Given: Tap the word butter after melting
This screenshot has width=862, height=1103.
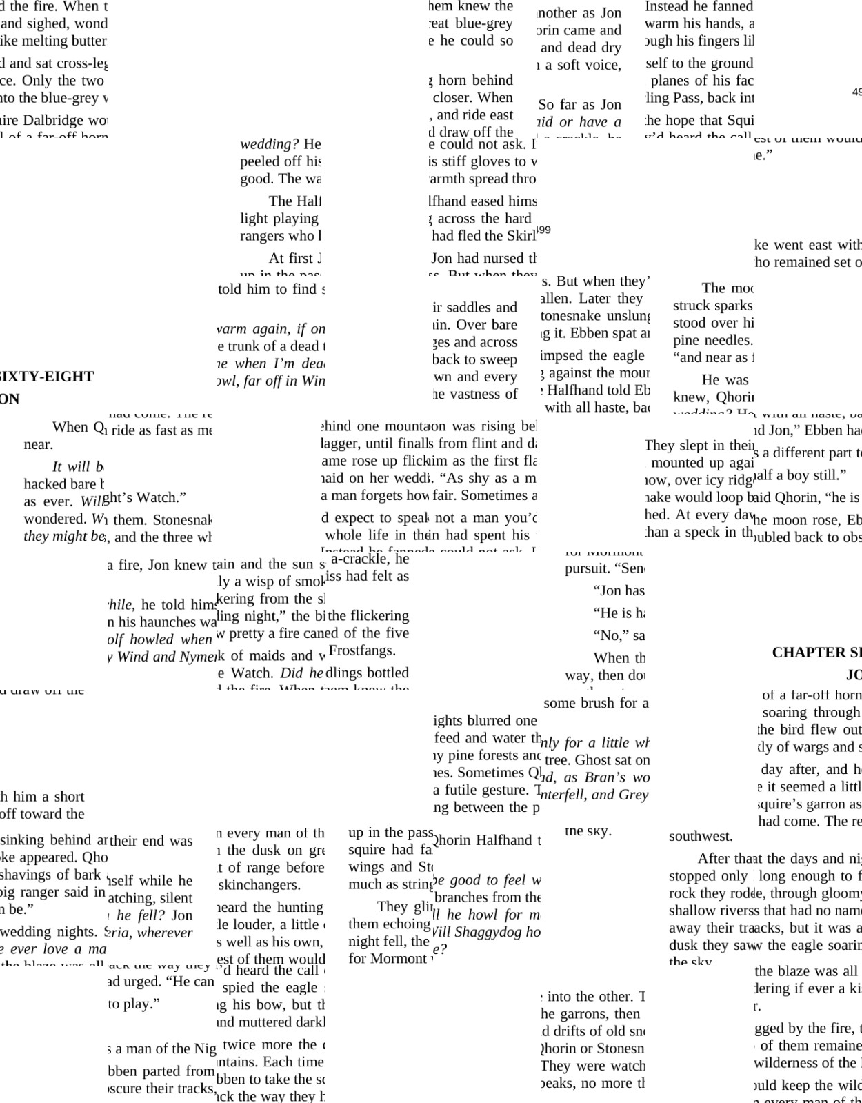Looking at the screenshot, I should pyautogui.click(x=89, y=41).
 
